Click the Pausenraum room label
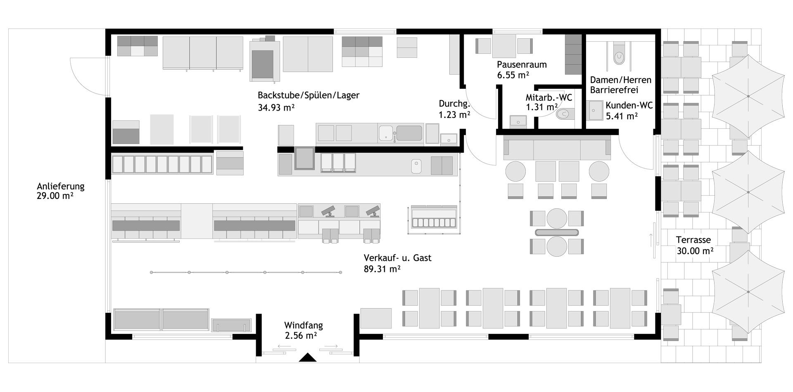pyautogui.click(x=522, y=64)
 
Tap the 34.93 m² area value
pyautogui.click(x=276, y=108)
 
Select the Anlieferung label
pyautogui.click(x=61, y=186)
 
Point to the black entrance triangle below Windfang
pyautogui.click(x=307, y=357)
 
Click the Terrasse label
pyautogui.click(x=693, y=240)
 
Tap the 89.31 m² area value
pyautogui.click(x=382, y=269)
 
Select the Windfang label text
pyautogui.click(x=304, y=325)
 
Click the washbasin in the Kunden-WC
pyautogui.click(x=596, y=110)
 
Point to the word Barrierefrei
pyautogui.click(x=614, y=90)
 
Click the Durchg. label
pyautogui.click(x=454, y=104)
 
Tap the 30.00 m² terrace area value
pyautogui.click(x=695, y=250)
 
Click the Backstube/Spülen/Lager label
pyautogui.click(x=309, y=95)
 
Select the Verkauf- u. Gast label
pyautogui.click(x=398, y=258)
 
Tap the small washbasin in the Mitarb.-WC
pyautogui.click(x=518, y=120)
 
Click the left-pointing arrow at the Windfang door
pyautogui.click(x=285, y=346)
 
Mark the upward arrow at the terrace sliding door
pyautogui.click(x=651, y=240)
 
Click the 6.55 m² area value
pyautogui.click(x=513, y=75)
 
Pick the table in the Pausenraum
pyautogui.click(x=504, y=46)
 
